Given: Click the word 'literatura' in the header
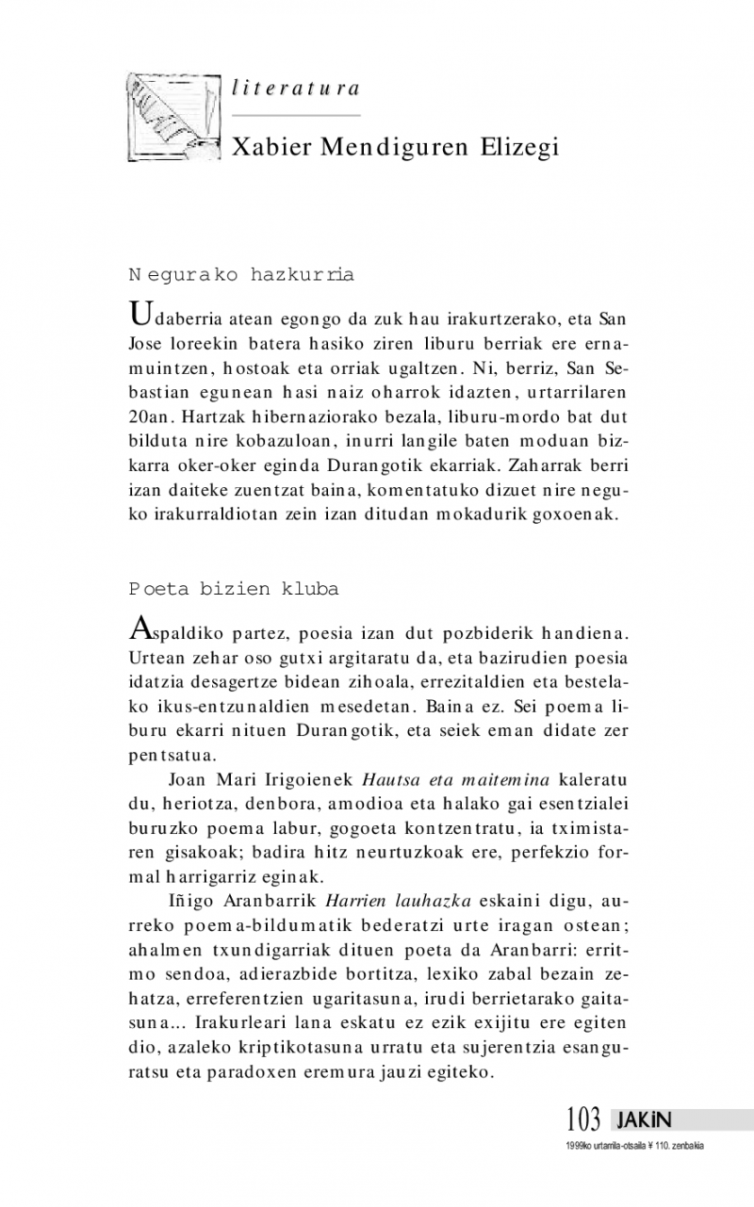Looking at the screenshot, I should pyautogui.click(x=295, y=89).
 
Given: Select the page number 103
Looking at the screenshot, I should pyautogui.click(x=583, y=1120).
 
